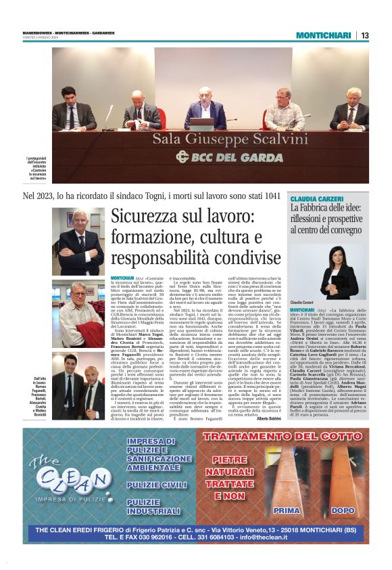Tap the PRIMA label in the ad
tap(286, 510)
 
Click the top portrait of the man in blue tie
tap(78, 240)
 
